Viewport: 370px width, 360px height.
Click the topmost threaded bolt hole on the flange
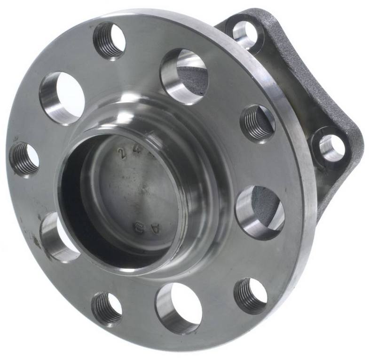pyautogui.click(x=110, y=40)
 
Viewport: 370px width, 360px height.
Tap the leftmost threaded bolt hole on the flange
pyautogui.click(x=24, y=158)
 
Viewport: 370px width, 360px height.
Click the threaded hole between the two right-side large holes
pyautogui.click(x=258, y=122)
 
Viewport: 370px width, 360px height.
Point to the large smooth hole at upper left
pyautogui.click(x=62, y=98)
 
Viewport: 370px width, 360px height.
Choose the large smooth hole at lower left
pyautogui.click(x=59, y=237)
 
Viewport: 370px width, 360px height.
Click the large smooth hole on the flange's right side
pyautogui.click(x=260, y=212)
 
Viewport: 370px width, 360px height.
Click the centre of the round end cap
pyautogui.click(x=136, y=188)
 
